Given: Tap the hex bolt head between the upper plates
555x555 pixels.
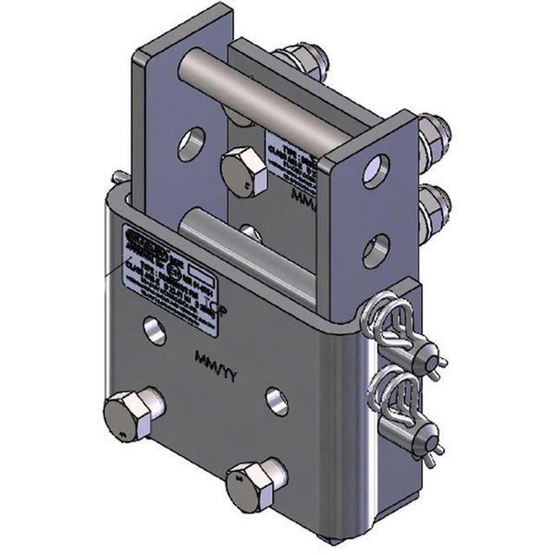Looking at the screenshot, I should point(243,171).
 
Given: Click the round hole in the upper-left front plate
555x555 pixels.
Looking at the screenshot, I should point(192,143).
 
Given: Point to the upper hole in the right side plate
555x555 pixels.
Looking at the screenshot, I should point(376,171).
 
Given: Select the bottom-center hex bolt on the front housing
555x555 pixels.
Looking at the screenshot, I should point(253,484).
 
